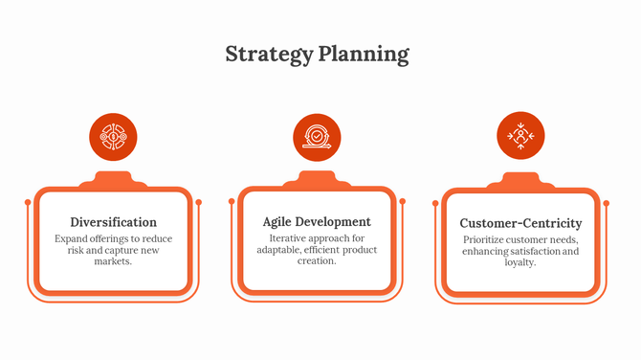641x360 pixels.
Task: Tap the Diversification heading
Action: (114, 221)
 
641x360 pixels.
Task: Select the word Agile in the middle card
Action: (280, 221)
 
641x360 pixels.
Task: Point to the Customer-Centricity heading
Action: (520, 223)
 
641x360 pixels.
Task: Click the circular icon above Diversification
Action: (113, 137)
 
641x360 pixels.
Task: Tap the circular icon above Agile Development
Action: (317, 137)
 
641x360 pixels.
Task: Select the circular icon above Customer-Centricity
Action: (520, 137)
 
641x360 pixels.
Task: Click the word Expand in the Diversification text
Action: (72, 237)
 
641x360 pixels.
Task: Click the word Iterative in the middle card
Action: (289, 237)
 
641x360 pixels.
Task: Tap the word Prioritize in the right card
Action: (488, 239)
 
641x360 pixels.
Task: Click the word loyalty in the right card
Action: (520, 262)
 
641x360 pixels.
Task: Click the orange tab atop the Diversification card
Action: (113, 179)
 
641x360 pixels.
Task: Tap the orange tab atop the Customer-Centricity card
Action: (520, 181)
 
